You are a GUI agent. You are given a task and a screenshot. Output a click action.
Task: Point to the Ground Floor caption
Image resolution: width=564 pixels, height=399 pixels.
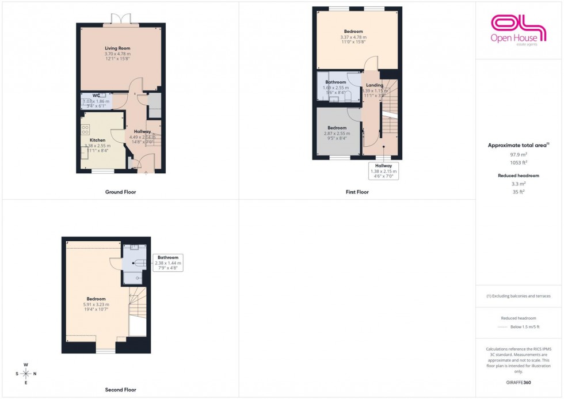point(121,192)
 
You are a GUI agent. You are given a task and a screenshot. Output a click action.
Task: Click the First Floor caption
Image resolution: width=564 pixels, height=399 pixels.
point(357,192)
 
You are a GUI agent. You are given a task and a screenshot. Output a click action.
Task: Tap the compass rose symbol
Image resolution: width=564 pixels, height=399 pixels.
point(26,374)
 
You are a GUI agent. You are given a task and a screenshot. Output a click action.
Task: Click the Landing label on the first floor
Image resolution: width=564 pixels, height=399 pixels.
point(374,85)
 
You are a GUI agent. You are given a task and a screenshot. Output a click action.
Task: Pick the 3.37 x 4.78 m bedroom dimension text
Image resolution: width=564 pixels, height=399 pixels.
point(353,37)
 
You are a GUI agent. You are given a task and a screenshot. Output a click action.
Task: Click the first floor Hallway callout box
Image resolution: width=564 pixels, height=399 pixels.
point(383,172)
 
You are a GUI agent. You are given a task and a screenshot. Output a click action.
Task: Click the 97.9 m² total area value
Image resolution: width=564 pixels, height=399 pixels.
point(519,155)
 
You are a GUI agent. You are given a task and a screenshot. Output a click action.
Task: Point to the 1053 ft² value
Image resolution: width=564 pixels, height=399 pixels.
point(519,163)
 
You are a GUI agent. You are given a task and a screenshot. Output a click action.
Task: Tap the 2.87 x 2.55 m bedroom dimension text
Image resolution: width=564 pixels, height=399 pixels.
point(337,134)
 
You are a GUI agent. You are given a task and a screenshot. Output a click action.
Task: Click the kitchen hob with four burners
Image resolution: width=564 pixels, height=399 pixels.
point(85,129)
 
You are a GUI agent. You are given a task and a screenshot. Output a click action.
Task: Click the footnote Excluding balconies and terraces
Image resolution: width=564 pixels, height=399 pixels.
point(519,296)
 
